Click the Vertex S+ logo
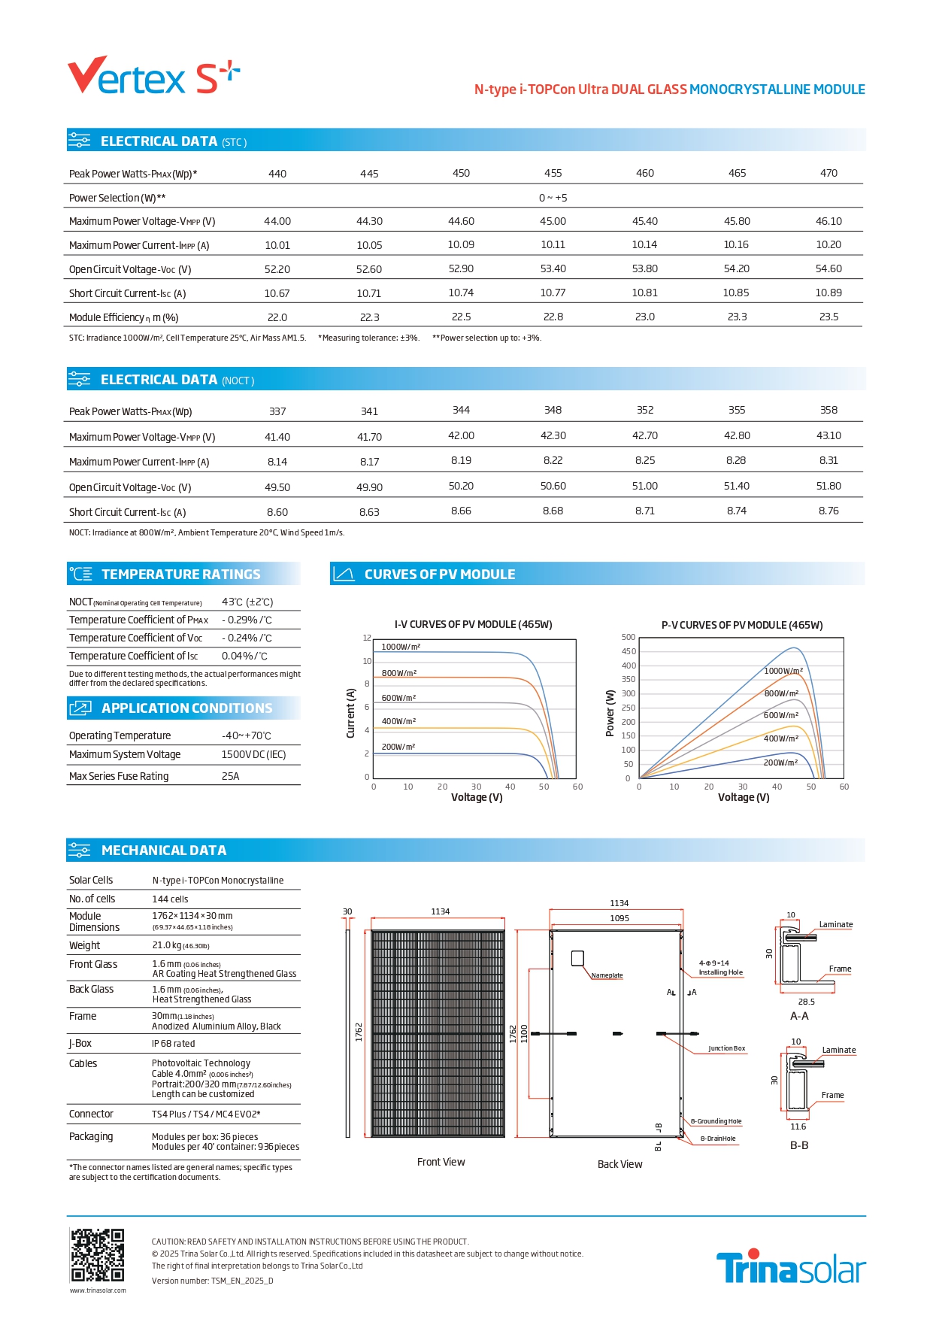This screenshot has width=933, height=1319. coord(153,75)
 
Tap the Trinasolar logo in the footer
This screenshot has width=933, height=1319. coord(790,1268)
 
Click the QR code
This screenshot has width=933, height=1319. coord(97,1255)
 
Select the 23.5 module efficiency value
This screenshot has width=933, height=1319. coord(828,317)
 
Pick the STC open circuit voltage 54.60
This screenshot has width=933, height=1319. coord(828,269)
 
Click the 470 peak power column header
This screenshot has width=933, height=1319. coord(828,174)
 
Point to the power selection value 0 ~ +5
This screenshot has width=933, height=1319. coord(553,198)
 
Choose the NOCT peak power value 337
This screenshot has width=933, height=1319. coord(277,411)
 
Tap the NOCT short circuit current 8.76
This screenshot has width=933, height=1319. coord(828,511)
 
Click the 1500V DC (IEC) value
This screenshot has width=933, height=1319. coord(253,755)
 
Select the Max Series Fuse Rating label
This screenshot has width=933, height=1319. coord(119,776)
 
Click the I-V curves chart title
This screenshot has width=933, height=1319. coord(473,625)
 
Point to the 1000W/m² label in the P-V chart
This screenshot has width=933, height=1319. coord(783,671)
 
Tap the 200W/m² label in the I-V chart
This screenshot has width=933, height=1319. coord(398,747)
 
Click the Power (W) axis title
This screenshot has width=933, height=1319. coord(610,713)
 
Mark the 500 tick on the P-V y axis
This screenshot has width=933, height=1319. coord(629,638)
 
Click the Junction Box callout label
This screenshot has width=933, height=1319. coord(726,1048)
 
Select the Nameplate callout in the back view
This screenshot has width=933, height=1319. coord(607,975)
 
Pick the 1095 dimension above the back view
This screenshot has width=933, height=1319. coord(619,918)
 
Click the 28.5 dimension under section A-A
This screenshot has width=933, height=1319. coord(806,1002)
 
